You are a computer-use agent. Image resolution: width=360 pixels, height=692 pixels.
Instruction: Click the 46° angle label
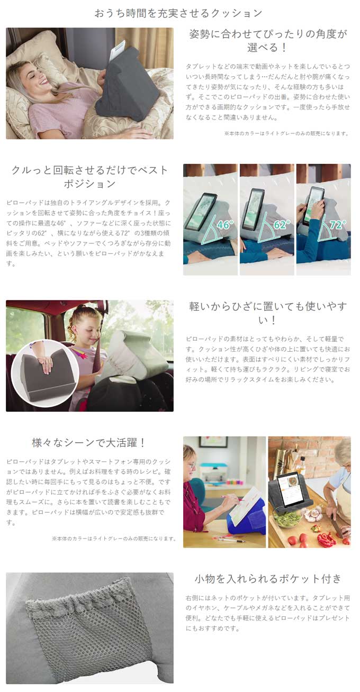[225, 224]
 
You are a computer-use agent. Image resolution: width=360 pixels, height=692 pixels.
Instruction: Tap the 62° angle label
[282, 224]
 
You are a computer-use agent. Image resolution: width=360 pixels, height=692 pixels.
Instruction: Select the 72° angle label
[338, 224]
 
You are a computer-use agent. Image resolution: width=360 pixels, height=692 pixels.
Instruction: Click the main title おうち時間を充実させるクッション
[178, 13]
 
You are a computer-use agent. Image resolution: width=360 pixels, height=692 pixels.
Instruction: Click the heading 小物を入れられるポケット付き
[268, 578]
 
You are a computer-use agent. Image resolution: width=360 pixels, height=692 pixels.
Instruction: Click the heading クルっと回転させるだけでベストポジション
[89, 177]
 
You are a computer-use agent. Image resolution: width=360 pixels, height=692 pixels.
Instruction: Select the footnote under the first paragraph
[287, 133]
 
